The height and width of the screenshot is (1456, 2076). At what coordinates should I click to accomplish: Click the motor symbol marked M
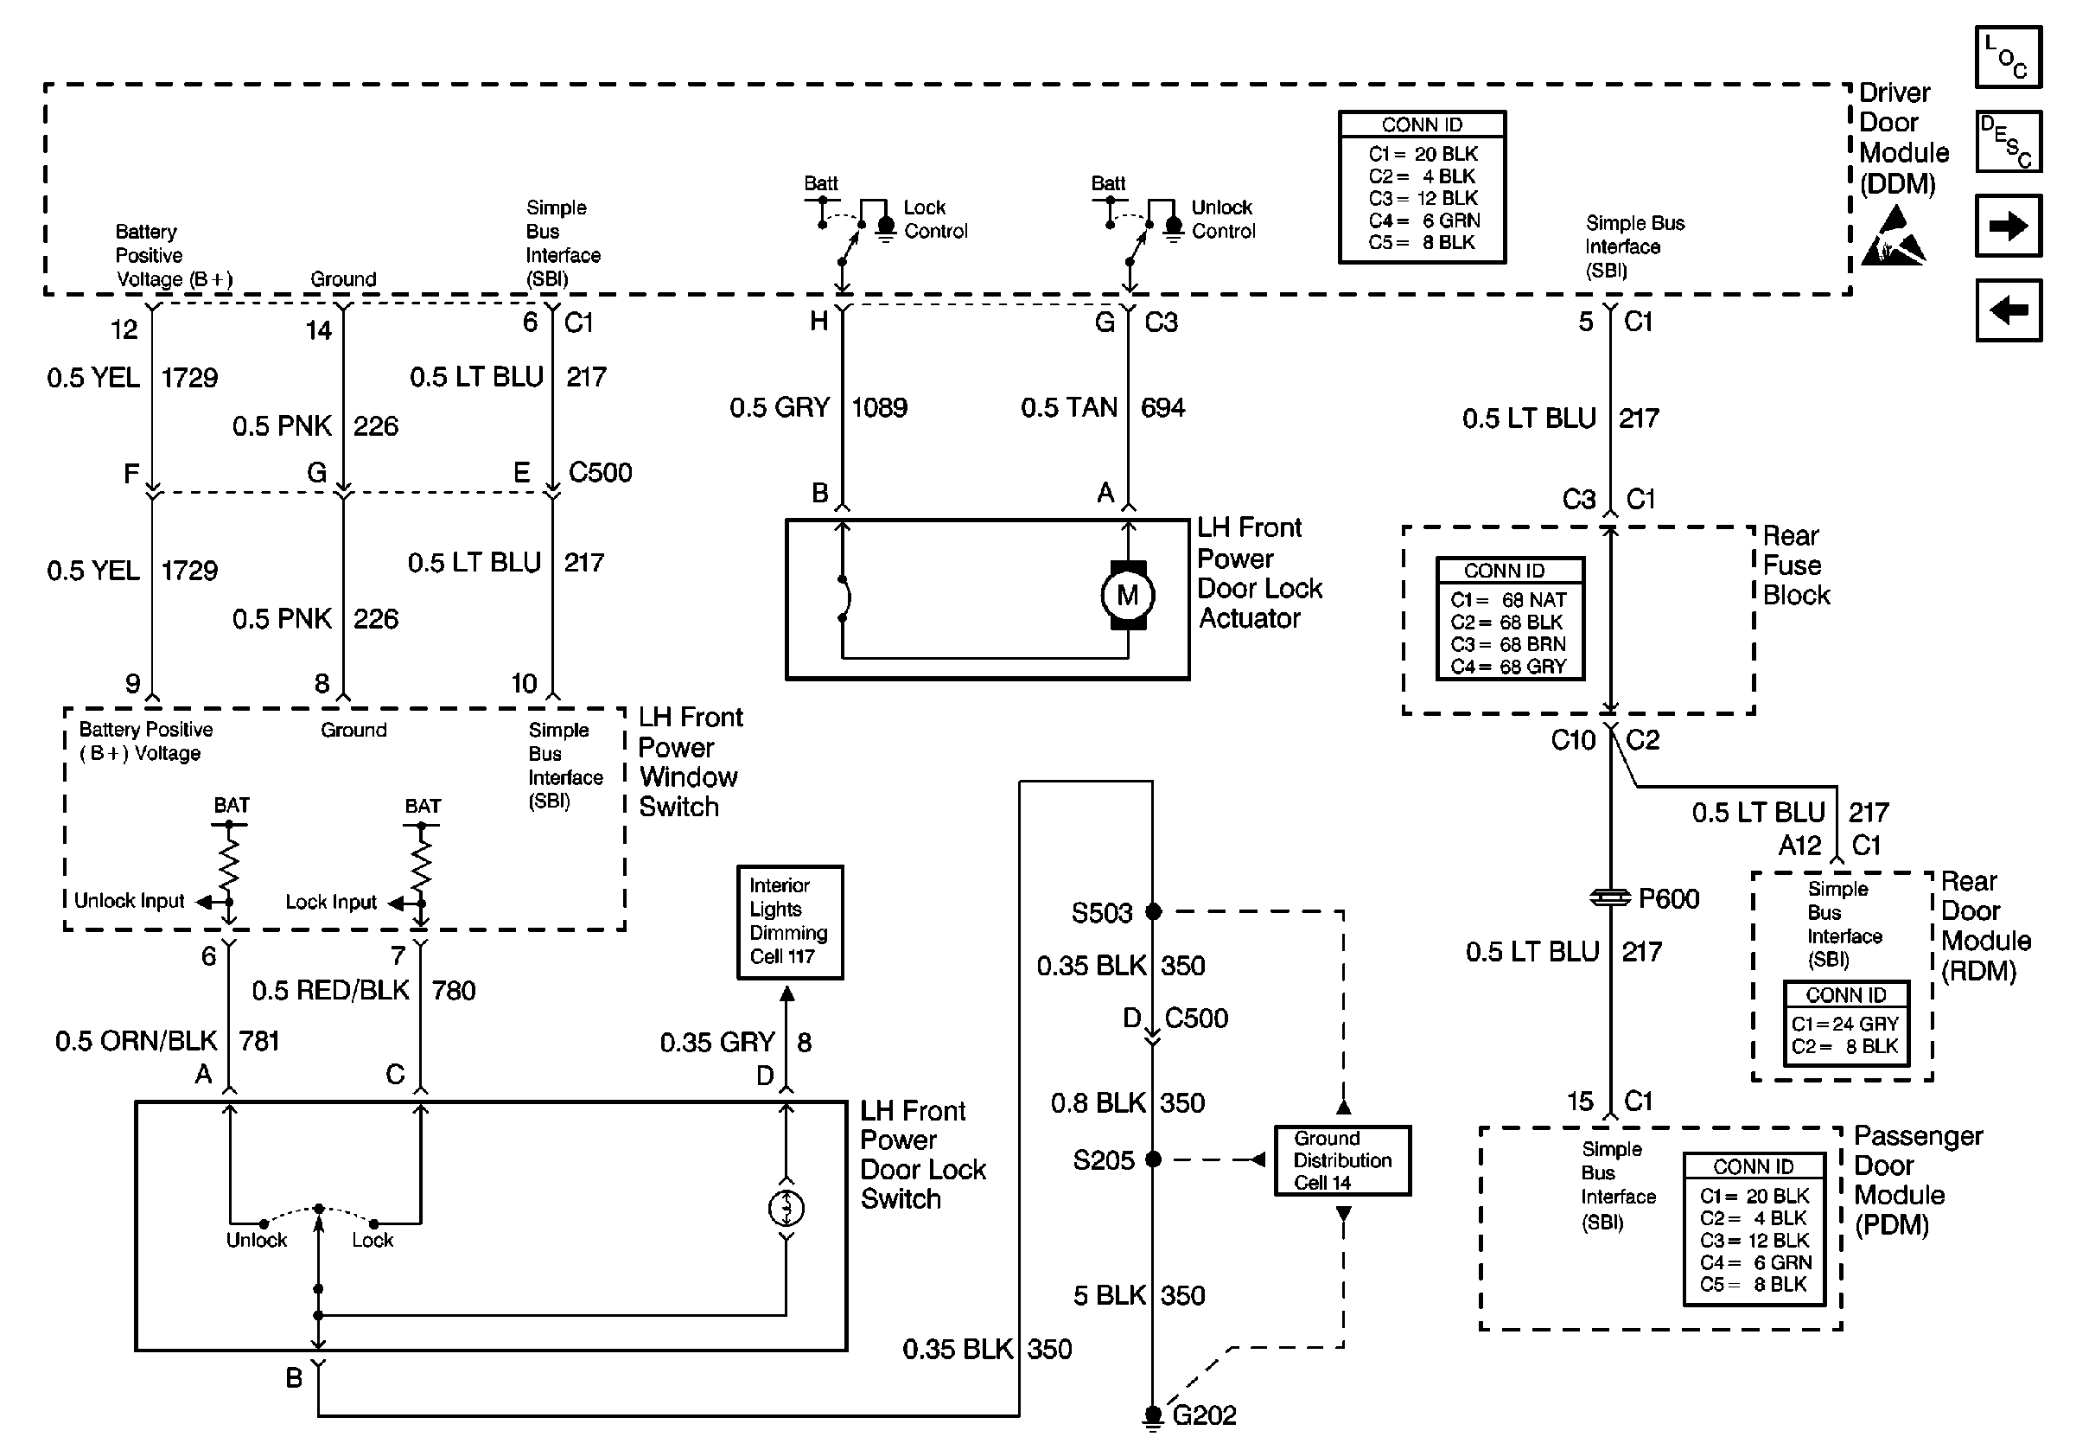point(1128,595)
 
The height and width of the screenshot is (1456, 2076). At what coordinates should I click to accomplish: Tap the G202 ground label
point(1203,1415)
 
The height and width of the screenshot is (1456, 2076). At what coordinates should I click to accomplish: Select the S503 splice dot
point(1153,911)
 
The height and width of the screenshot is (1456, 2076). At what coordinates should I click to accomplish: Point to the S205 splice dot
point(1153,1159)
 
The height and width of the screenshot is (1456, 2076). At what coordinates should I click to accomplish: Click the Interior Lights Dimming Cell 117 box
point(789,922)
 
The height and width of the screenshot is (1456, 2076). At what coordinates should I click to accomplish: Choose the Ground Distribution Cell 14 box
point(1342,1160)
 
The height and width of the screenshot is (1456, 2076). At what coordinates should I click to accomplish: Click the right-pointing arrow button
point(2009,225)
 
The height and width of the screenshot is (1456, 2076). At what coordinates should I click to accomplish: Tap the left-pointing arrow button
point(2009,310)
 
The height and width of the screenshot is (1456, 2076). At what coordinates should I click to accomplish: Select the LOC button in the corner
point(2009,57)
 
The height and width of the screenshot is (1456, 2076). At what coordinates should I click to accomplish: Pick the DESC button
point(2009,142)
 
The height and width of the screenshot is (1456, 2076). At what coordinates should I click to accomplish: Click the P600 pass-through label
point(1668,898)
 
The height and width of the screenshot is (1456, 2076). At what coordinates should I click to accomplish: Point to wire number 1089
point(879,408)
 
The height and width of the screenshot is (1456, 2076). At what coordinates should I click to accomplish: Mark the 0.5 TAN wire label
point(1069,408)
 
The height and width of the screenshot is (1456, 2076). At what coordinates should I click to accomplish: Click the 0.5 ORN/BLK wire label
point(136,1041)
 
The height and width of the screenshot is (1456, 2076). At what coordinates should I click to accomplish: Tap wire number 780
point(453,990)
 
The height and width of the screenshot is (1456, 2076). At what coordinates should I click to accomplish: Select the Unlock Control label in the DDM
point(1222,220)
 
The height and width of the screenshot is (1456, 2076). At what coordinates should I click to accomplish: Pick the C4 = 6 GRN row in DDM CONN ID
point(1423,220)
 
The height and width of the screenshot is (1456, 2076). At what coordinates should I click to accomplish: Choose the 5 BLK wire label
point(1109,1295)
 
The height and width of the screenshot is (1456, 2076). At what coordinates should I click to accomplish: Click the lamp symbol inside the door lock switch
point(786,1207)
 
